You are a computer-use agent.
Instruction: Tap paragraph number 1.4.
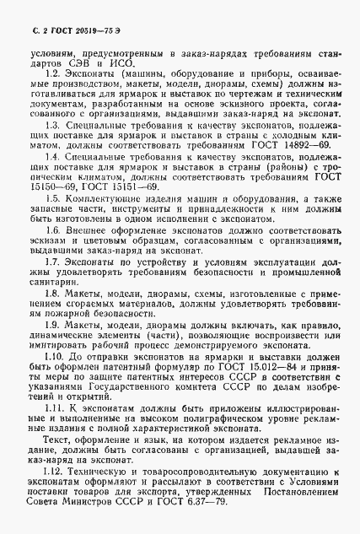point(48,181)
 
